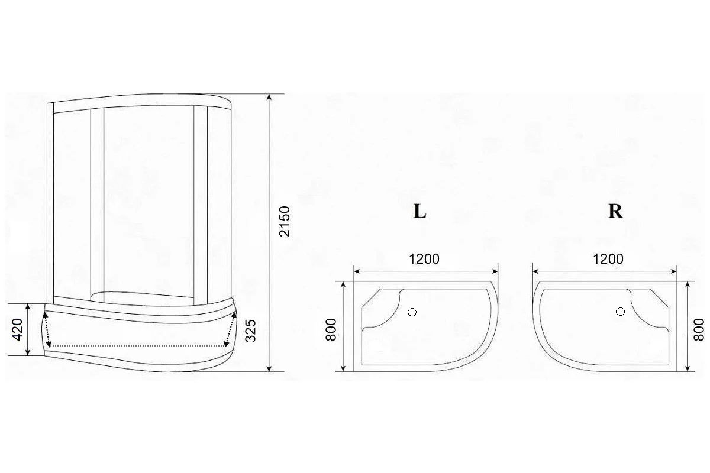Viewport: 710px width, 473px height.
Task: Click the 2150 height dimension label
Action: (285, 221)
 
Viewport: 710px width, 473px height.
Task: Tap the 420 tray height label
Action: (17, 329)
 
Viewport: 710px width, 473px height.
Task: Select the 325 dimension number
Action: (250, 331)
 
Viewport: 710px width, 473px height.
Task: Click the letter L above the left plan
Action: (419, 211)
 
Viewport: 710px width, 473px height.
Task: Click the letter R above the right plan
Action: (615, 211)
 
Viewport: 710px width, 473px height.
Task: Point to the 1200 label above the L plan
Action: (424, 259)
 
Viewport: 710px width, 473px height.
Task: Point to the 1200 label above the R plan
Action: (608, 259)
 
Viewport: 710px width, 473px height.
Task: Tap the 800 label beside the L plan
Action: (331, 329)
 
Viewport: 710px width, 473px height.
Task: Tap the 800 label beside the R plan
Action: (699, 329)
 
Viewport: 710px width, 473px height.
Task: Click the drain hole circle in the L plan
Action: (412, 312)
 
